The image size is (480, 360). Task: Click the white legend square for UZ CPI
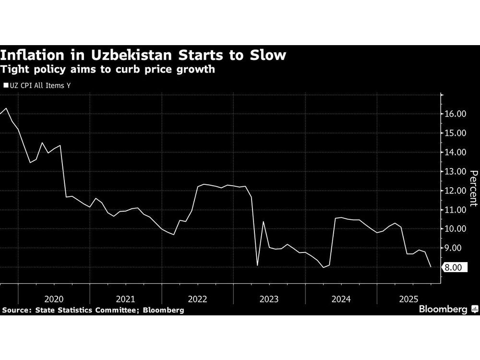click(x=5, y=86)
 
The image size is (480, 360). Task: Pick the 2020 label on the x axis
click(x=54, y=299)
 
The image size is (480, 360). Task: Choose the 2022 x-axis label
click(x=197, y=299)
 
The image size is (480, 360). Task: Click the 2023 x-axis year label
click(x=269, y=299)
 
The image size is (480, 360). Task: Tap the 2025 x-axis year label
click(x=412, y=299)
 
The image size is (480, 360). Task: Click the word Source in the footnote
click(x=14, y=311)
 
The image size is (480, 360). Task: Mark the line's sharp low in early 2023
click(x=257, y=265)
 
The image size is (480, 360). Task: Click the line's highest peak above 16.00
click(x=6, y=108)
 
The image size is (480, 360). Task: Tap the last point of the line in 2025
click(x=431, y=267)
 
